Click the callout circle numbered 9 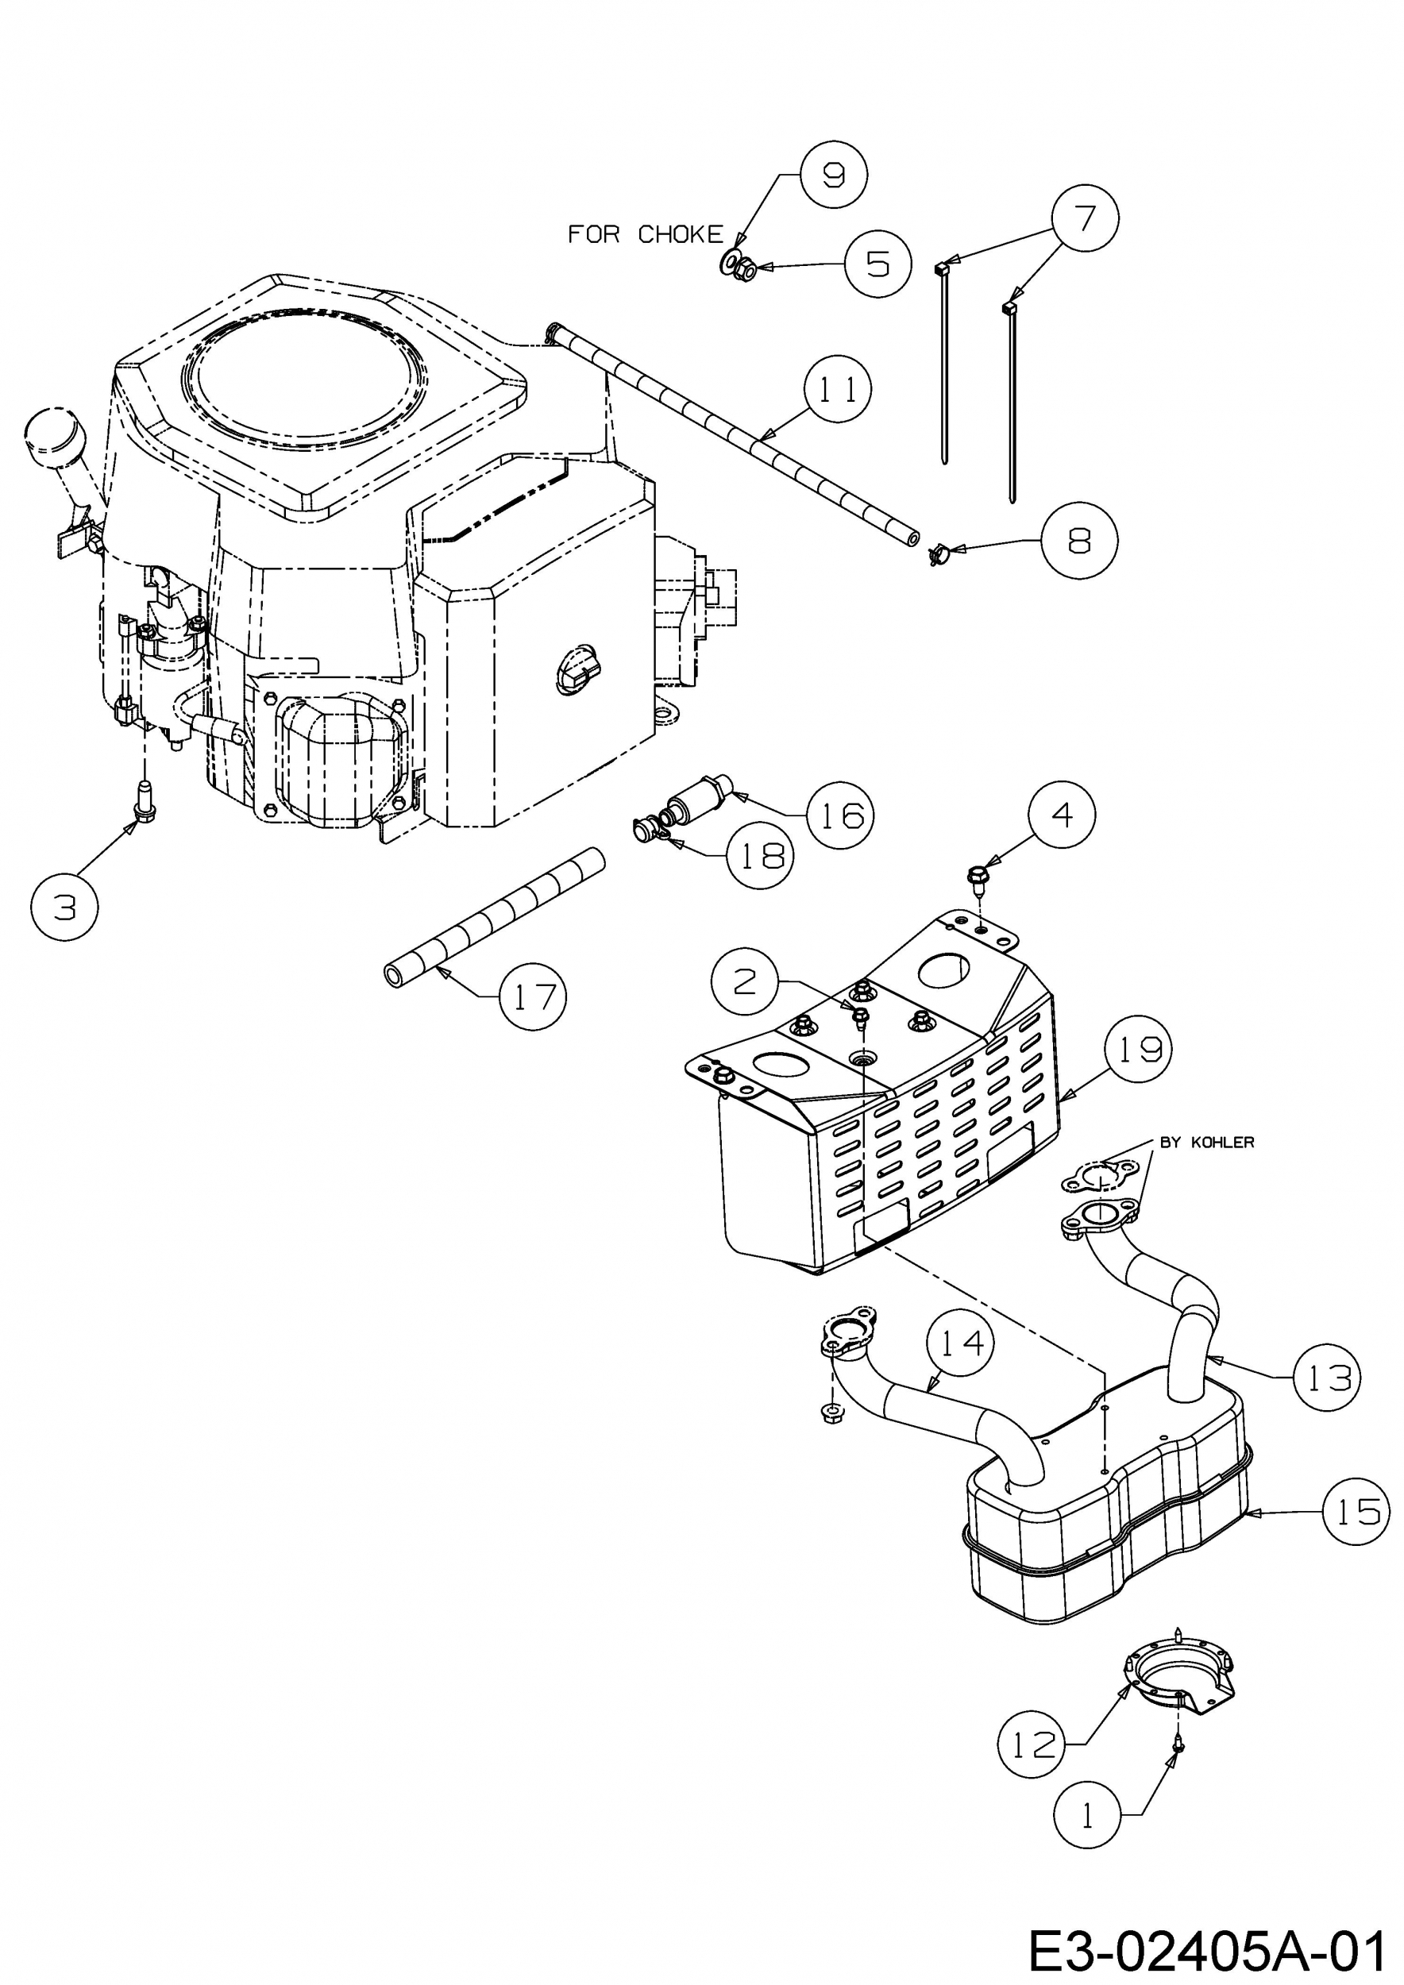coord(832,175)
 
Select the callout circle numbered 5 coord(877,264)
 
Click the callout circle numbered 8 coord(1079,541)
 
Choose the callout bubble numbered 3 coord(65,907)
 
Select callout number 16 coord(839,814)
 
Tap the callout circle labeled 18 coord(760,855)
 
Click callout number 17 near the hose coord(534,996)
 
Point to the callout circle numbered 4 coord(1062,815)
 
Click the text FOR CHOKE coord(645,234)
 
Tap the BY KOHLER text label coord(1206,1143)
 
